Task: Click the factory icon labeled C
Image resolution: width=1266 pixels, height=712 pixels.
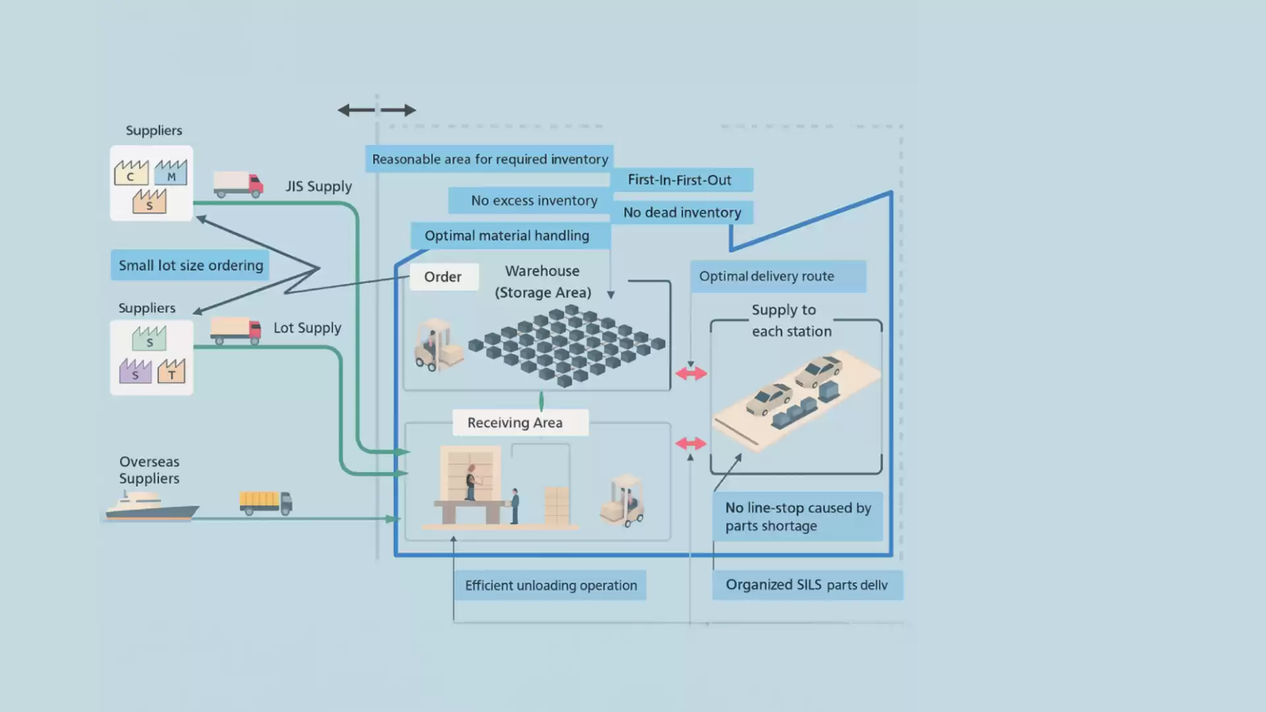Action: pyautogui.click(x=131, y=173)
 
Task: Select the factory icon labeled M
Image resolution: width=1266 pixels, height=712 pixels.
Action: pyautogui.click(x=171, y=173)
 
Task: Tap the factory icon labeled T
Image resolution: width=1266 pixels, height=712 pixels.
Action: pyautogui.click(x=171, y=371)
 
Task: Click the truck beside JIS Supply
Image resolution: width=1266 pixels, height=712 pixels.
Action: pyautogui.click(x=238, y=185)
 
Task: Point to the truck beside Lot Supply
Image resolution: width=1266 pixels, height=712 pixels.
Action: pyautogui.click(x=235, y=330)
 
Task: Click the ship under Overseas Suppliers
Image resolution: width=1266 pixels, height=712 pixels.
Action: pyautogui.click(x=152, y=507)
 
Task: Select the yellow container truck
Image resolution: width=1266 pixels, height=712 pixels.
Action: pyautogui.click(x=266, y=503)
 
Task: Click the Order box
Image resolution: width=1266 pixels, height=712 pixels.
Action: pyautogui.click(x=443, y=277)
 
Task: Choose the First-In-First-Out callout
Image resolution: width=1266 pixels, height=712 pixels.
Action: pyautogui.click(x=680, y=180)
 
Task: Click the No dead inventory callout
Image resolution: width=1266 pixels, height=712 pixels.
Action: pyautogui.click(x=682, y=212)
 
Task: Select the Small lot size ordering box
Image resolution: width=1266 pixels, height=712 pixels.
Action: pyautogui.click(x=191, y=265)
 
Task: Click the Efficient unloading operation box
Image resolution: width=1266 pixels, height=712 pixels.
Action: pyautogui.click(x=551, y=585)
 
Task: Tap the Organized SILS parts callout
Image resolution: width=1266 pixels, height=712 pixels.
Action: pyautogui.click(x=807, y=585)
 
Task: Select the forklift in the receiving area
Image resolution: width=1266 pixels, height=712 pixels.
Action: pyautogui.click(x=623, y=500)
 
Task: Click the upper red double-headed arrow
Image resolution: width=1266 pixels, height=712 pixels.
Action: pyautogui.click(x=691, y=374)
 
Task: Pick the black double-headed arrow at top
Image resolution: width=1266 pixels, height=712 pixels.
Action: pyautogui.click(x=377, y=110)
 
